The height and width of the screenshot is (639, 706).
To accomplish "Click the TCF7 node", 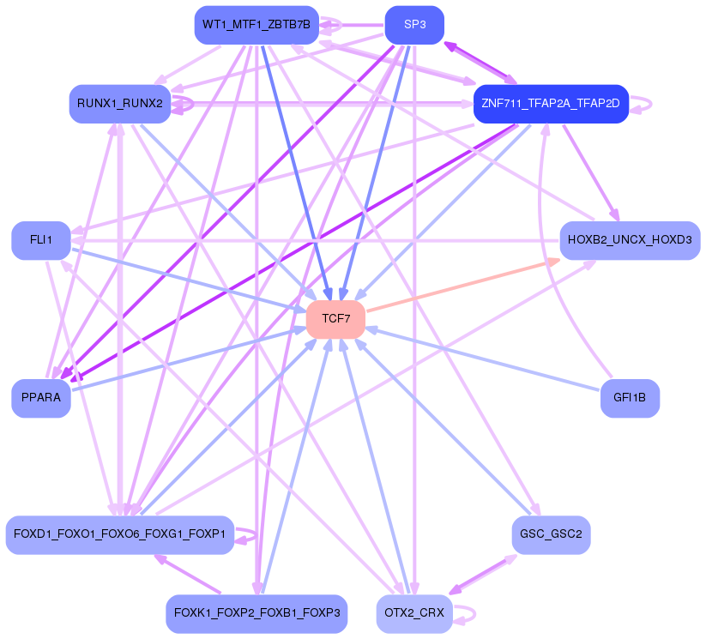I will click(x=335, y=319).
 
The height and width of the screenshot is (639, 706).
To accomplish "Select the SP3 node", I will click(x=414, y=25).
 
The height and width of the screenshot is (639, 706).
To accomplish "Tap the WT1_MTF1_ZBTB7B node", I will click(x=256, y=25).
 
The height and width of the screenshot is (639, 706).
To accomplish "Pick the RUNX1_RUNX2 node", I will click(x=119, y=104).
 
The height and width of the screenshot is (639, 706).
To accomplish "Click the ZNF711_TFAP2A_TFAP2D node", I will click(x=551, y=104).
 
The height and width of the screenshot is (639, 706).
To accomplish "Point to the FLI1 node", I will click(x=40, y=240).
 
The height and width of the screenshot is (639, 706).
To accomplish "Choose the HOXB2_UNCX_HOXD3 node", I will click(x=630, y=240).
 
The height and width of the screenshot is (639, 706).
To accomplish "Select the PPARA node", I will click(x=40, y=398).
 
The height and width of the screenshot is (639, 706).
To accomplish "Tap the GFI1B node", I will click(x=630, y=398).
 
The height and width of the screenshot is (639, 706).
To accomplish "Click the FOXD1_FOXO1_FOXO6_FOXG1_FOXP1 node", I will click(x=119, y=534).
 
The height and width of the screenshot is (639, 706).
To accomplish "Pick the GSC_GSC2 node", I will click(x=551, y=534).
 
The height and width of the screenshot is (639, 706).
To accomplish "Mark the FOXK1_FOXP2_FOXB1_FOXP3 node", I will click(x=256, y=613).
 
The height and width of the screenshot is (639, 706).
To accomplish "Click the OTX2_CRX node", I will click(x=414, y=613).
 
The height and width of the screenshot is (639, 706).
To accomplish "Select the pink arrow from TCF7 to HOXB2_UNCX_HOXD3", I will click(x=463, y=285).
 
